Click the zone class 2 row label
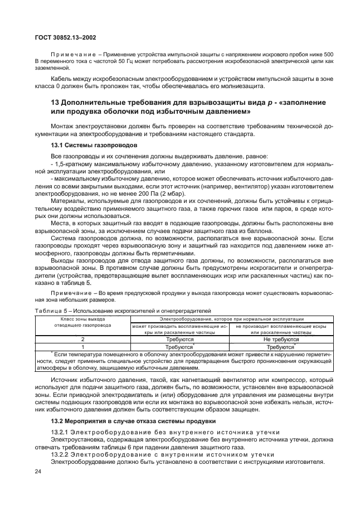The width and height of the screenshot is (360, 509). pos(82,338)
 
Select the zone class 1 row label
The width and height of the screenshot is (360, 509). pos(82,346)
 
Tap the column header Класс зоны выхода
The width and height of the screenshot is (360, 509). pos(82,318)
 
